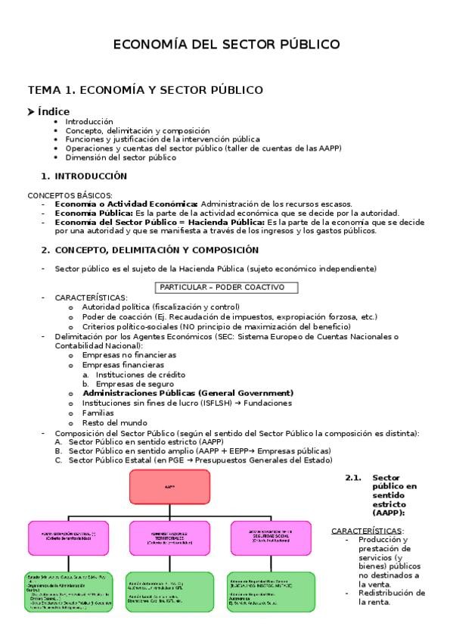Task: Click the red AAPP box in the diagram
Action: point(169,487)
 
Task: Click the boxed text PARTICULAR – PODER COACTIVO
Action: point(226,287)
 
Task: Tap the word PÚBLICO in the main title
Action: point(301,45)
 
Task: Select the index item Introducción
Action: point(89,121)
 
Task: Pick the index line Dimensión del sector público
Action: point(120,157)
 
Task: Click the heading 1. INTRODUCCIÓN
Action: point(84,176)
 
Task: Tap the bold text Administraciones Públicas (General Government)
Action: point(188,393)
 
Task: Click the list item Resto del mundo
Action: point(115,422)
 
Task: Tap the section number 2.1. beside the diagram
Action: point(354,478)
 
